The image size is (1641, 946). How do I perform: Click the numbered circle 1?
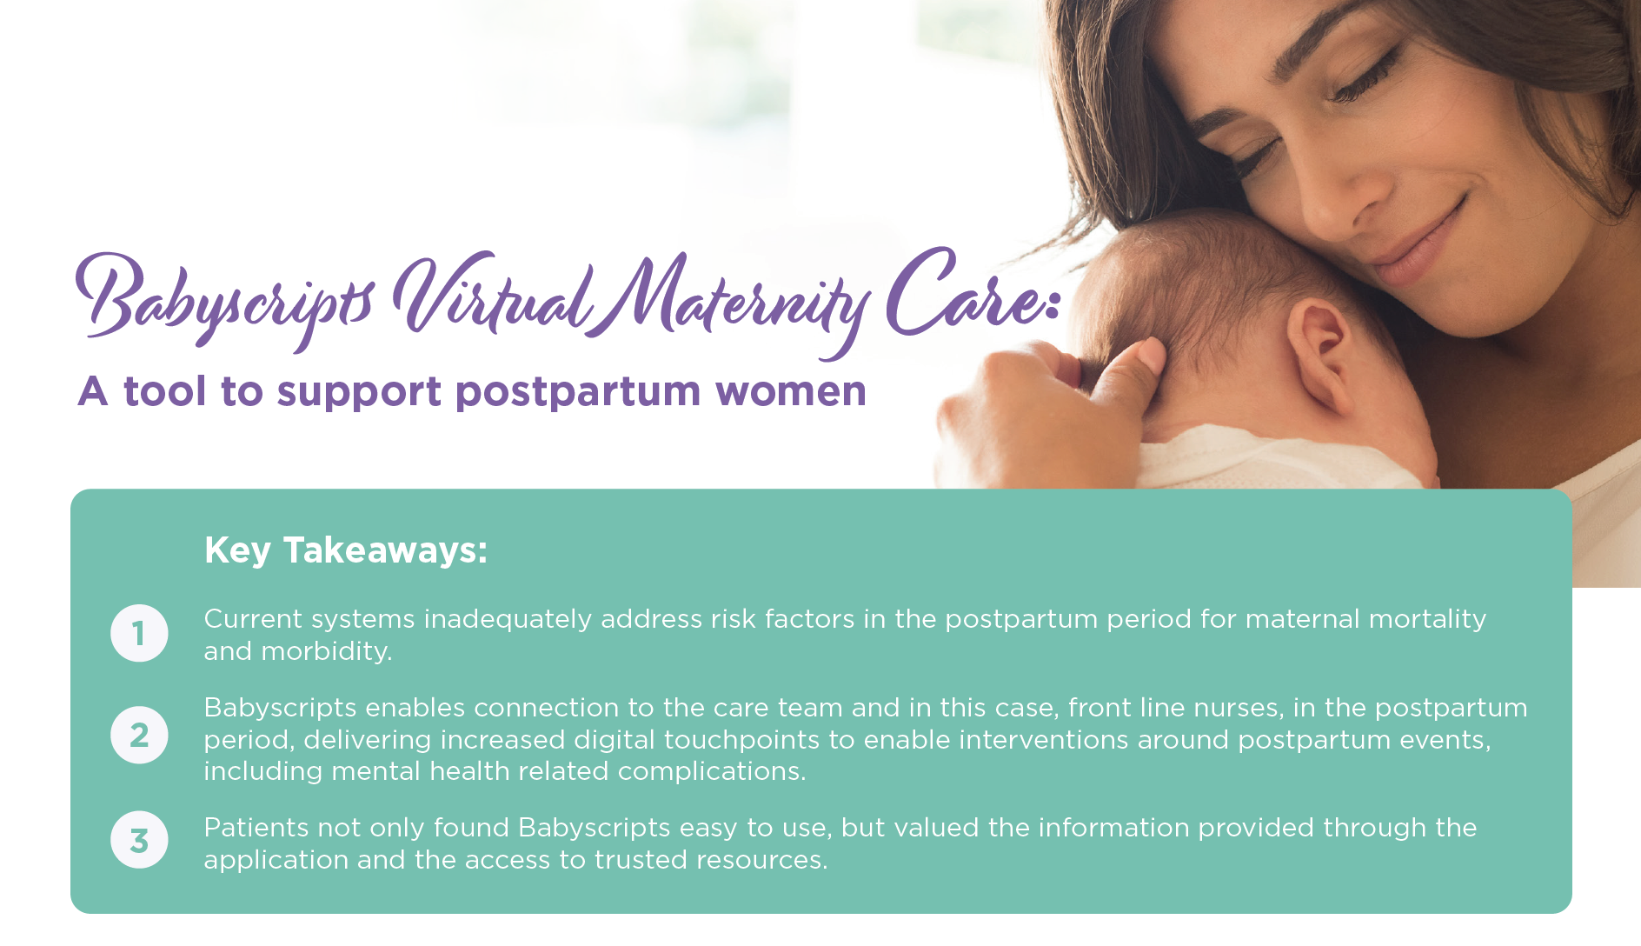point(139,633)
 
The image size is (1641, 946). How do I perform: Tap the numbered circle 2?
point(139,735)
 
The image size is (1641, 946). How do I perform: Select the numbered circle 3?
point(139,840)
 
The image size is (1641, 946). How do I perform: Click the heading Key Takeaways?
point(346,550)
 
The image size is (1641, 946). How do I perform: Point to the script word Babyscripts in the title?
point(226,301)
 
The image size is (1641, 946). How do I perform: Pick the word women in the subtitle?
point(791,392)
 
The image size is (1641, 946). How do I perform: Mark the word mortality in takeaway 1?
point(1427,620)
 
